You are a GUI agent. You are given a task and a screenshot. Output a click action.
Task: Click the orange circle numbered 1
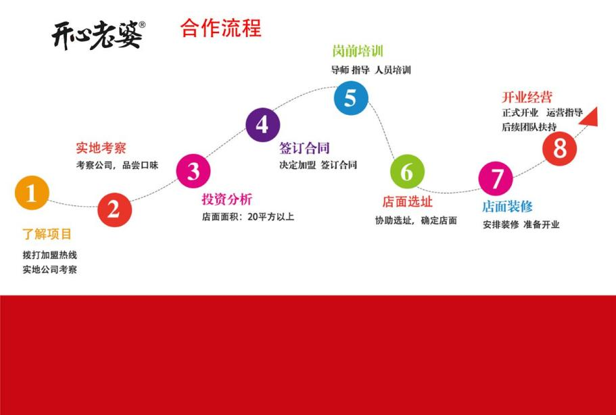(x=32, y=193)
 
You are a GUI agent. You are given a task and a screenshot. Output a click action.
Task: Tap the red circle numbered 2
(x=114, y=210)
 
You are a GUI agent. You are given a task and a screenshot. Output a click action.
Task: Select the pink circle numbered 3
(x=193, y=171)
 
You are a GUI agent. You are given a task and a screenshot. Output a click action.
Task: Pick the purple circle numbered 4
(x=262, y=125)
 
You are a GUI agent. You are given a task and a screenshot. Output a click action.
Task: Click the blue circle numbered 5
(x=351, y=98)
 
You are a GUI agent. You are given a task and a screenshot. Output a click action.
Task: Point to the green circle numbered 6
(x=407, y=172)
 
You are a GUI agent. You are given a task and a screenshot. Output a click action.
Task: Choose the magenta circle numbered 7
(x=496, y=178)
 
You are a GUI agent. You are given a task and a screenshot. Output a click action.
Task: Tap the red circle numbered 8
(x=559, y=149)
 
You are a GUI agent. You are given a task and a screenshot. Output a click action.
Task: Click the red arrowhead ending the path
(x=590, y=118)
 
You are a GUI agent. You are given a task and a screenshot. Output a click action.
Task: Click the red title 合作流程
(x=221, y=28)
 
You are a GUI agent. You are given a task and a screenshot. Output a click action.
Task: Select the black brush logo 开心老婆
(x=98, y=35)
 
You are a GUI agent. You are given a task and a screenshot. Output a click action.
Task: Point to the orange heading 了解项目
(x=47, y=235)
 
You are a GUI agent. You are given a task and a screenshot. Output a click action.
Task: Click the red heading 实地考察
(x=101, y=148)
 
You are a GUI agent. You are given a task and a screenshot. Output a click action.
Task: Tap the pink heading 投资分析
(x=227, y=199)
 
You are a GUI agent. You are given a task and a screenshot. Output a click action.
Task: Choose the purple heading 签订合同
(x=304, y=148)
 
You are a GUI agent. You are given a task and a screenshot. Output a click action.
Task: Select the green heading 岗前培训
(x=358, y=51)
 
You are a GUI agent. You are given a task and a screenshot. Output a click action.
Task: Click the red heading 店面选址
(x=407, y=202)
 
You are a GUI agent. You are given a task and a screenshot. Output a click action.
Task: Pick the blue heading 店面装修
(x=507, y=207)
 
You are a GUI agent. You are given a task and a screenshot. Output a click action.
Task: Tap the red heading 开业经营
(x=527, y=97)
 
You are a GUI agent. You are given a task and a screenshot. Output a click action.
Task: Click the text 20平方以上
(x=270, y=217)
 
